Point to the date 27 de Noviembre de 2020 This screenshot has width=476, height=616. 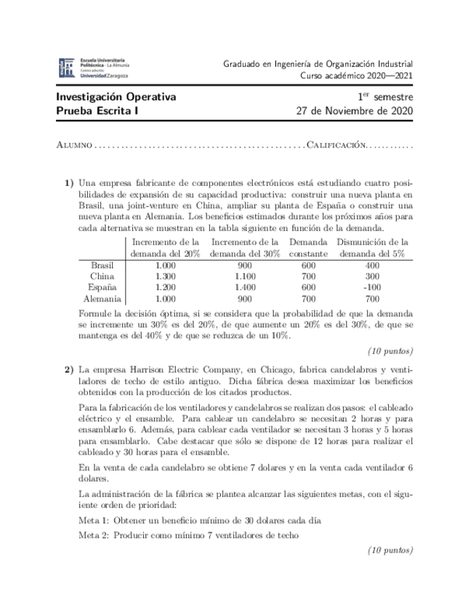(x=355, y=111)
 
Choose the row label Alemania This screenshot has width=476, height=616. (x=102, y=298)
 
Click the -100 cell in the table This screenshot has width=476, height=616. (x=373, y=287)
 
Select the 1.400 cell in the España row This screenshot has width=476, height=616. (x=245, y=287)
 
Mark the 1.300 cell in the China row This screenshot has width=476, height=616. (x=166, y=276)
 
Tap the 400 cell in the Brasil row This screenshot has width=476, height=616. (x=373, y=265)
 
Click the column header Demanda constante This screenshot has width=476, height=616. (x=308, y=248)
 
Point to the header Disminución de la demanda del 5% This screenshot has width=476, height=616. (x=373, y=248)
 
